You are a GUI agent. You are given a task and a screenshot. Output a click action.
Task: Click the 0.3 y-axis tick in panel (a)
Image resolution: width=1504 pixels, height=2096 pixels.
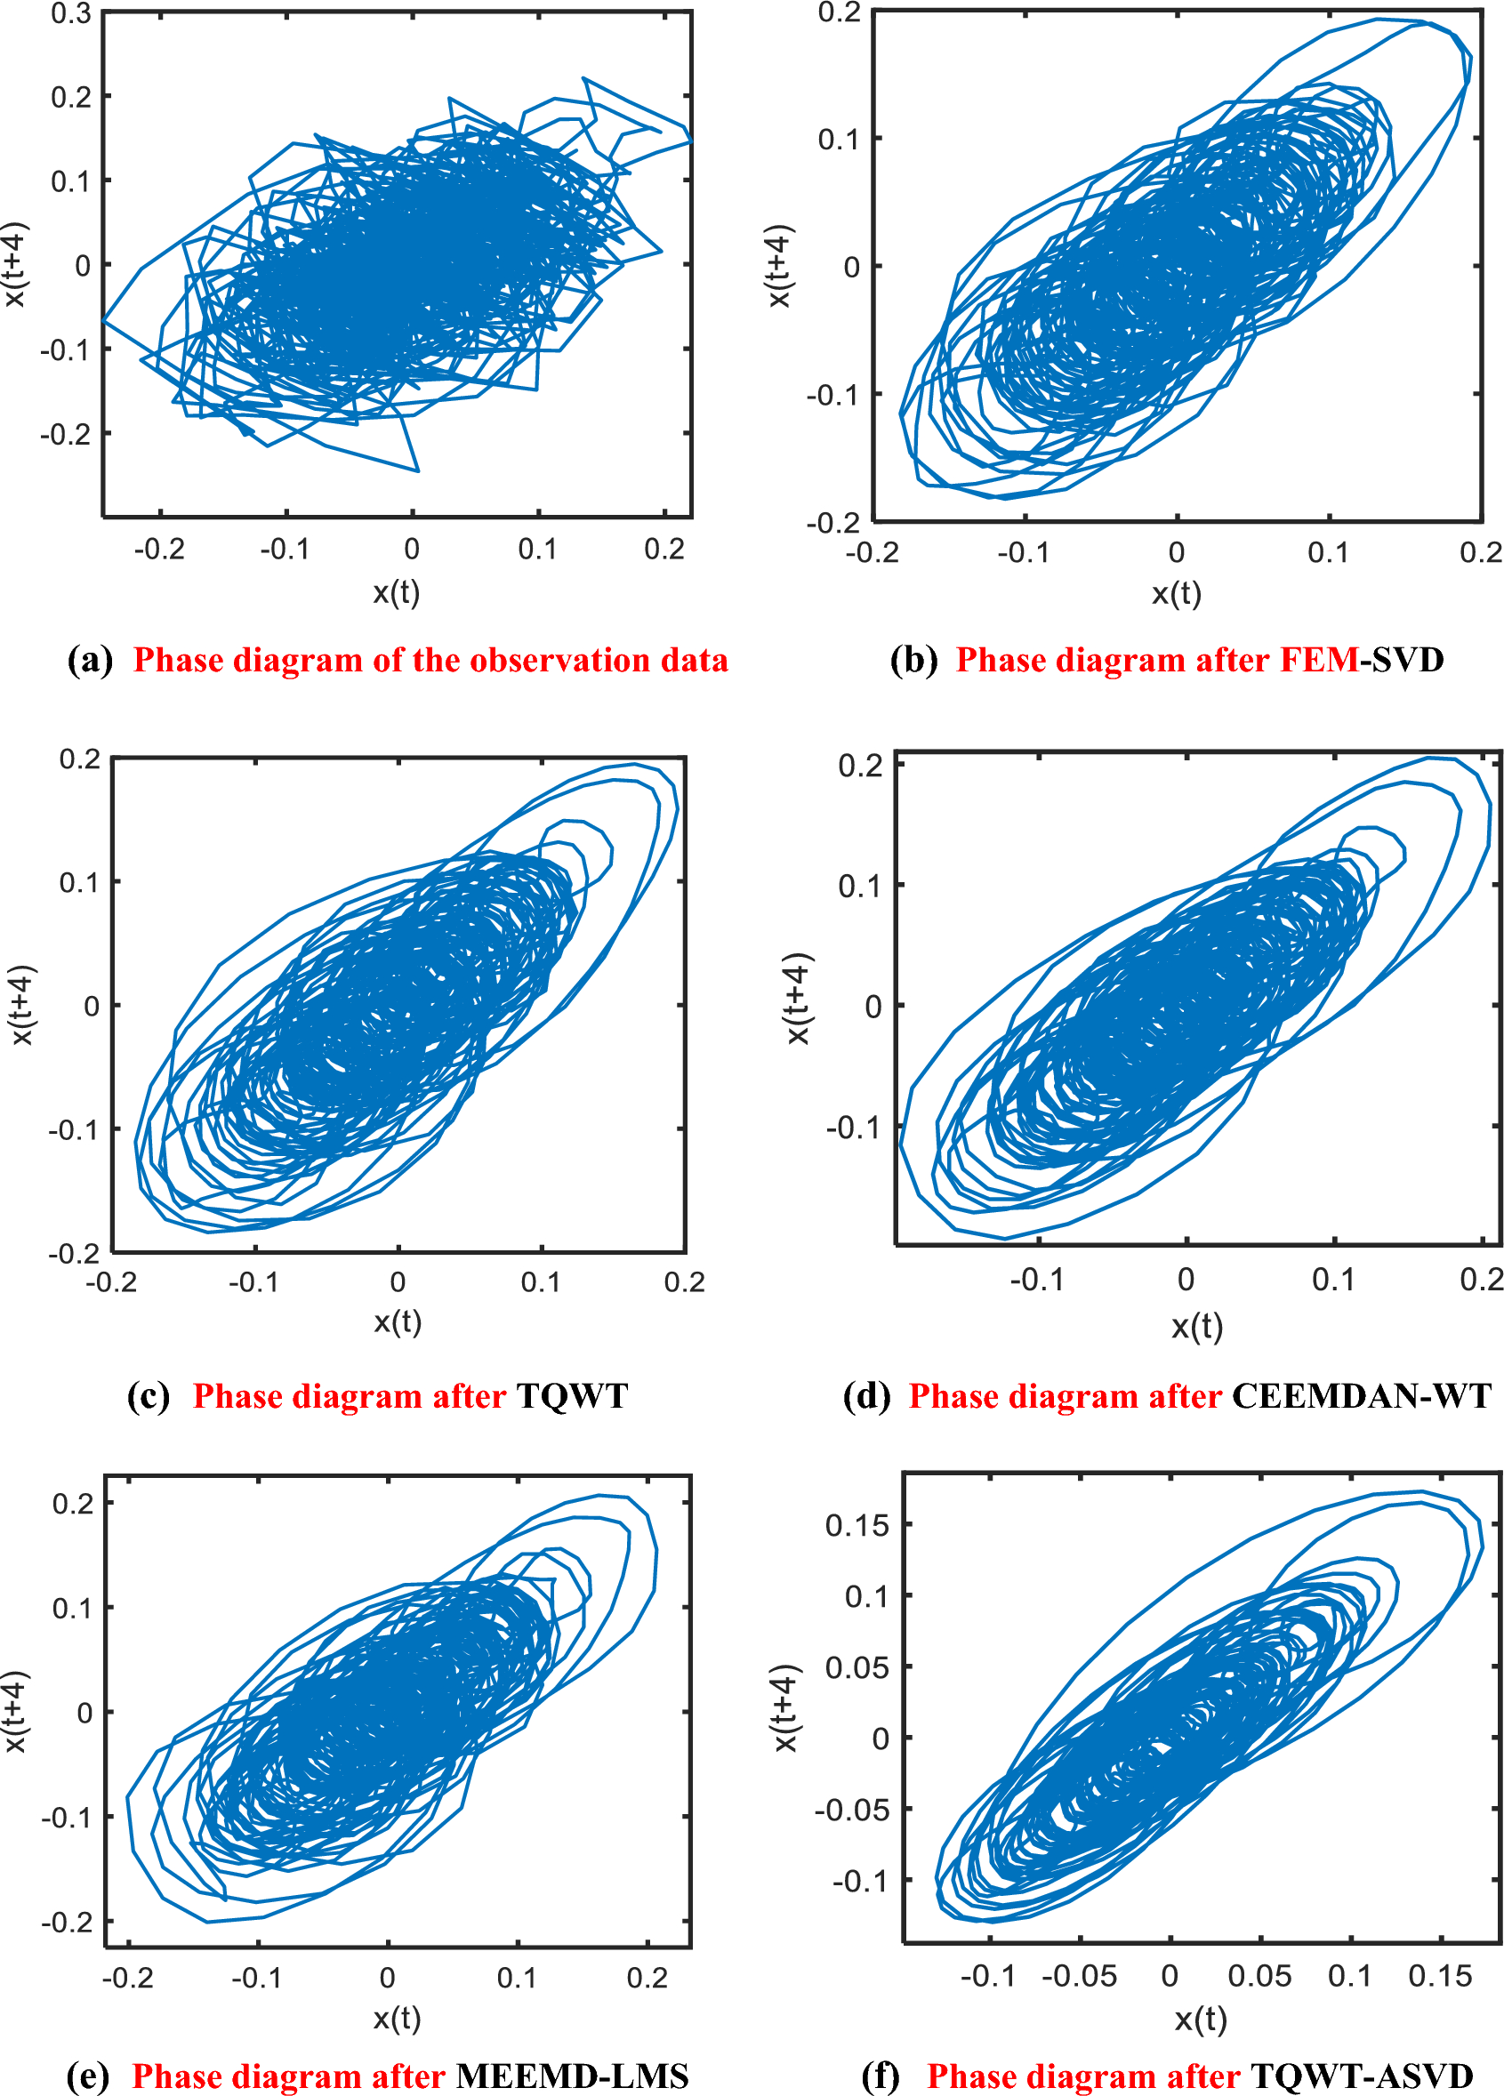click(x=70, y=14)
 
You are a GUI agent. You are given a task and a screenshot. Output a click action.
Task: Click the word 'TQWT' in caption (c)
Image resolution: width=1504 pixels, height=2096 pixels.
click(x=572, y=1395)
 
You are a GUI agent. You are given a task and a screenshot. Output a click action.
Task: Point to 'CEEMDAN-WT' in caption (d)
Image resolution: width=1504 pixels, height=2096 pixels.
click(x=1361, y=1395)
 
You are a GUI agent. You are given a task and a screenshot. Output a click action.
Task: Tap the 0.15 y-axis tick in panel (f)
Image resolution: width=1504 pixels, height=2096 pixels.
click(x=856, y=1526)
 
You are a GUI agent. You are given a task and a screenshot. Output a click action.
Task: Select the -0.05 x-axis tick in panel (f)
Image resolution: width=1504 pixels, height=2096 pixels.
click(x=1079, y=1977)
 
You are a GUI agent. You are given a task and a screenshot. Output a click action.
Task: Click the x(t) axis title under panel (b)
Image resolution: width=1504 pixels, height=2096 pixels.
click(x=1176, y=593)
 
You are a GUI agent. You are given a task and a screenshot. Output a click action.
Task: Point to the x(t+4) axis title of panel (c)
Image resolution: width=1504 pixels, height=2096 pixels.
click(x=22, y=1006)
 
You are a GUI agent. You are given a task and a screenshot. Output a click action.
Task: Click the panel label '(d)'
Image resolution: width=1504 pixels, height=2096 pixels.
click(x=866, y=1395)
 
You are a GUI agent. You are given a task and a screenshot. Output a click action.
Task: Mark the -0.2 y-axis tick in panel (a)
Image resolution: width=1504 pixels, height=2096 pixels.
click(x=65, y=433)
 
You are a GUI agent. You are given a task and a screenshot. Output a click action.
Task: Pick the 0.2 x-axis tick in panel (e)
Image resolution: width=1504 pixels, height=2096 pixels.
click(x=646, y=1978)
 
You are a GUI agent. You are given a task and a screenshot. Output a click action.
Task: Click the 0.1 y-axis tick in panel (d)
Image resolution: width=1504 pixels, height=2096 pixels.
click(x=860, y=887)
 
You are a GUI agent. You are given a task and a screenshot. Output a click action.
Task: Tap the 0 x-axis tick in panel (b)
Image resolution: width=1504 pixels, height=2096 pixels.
click(x=1176, y=552)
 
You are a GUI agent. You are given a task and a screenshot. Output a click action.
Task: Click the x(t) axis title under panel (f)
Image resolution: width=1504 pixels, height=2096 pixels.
click(x=1200, y=2020)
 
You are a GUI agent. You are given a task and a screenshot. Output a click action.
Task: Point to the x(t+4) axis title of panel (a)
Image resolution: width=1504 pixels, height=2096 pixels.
click(x=16, y=264)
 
